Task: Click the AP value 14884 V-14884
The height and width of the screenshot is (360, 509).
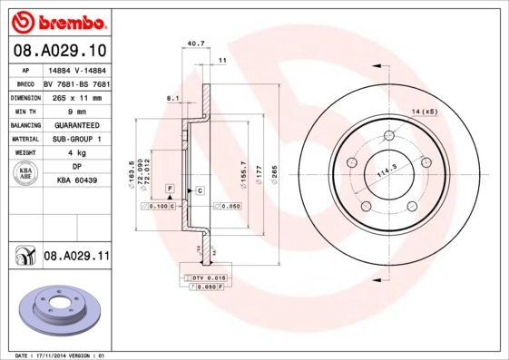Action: click(75, 70)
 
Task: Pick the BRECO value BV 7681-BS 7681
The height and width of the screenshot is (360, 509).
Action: click(75, 83)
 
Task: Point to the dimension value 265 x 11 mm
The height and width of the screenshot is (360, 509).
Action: click(75, 96)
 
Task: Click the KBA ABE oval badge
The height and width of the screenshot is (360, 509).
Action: click(26, 174)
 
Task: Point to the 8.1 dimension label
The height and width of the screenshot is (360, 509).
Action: click(173, 97)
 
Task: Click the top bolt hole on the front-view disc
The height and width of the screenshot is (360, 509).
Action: click(388, 137)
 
